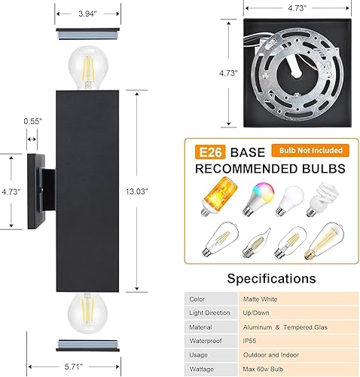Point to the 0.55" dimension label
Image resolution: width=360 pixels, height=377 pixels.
pyautogui.click(x=32, y=121)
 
